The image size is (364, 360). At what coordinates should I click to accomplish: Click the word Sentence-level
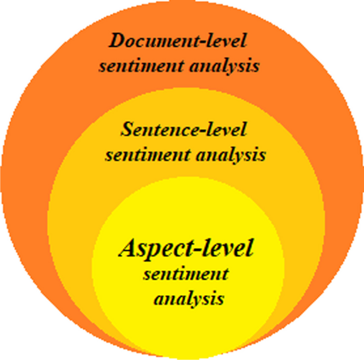click(184, 129)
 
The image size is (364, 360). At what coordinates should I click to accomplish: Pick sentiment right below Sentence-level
click(139, 156)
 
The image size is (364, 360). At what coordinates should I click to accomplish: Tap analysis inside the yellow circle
click(189, 299)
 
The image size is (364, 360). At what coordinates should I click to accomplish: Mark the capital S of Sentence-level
click(126, 129)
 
